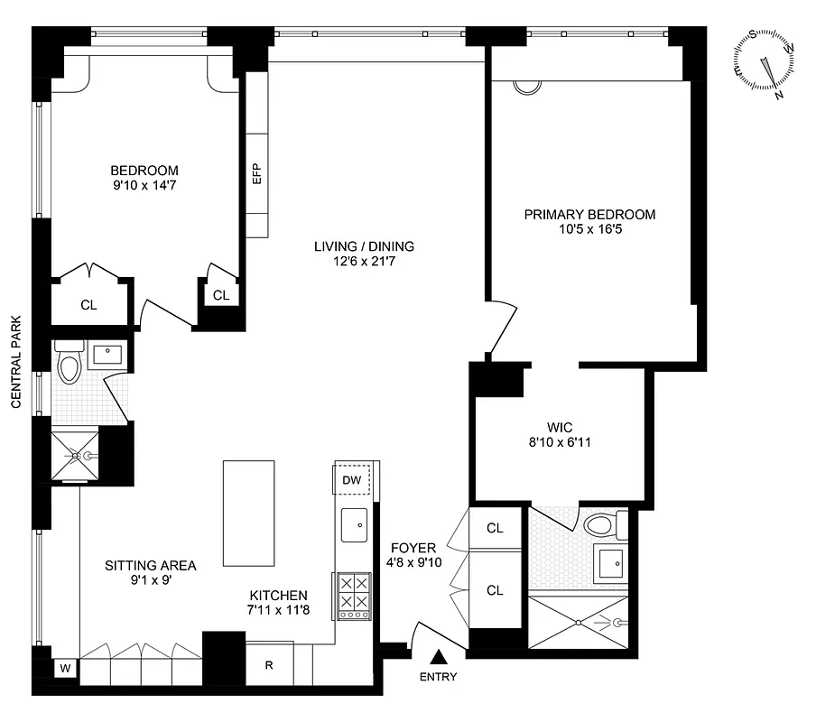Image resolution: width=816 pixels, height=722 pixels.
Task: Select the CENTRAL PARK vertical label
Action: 15,362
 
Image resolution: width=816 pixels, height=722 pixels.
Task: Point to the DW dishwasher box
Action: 352,480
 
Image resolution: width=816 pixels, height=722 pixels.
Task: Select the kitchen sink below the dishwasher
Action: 353,524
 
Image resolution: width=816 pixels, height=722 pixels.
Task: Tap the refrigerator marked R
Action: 269,666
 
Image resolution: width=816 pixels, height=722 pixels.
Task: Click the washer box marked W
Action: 65,669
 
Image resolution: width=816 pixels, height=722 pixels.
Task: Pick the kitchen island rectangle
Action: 248,513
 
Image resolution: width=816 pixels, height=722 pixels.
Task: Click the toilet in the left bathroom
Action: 70,366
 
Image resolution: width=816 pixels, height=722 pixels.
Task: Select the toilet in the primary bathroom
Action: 600,524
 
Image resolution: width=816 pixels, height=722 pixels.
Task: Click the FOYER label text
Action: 413,548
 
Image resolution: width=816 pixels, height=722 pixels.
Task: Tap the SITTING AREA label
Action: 150,566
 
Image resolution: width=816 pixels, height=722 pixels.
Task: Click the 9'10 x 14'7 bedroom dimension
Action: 144,186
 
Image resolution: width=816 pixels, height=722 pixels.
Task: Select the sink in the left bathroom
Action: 111,353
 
